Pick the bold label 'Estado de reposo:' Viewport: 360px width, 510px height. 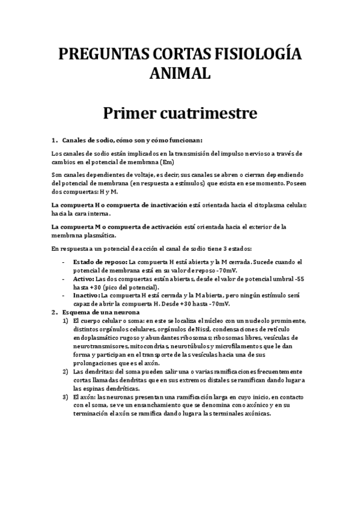point(100,262)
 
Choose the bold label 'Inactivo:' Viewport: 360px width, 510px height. point(87,296)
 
